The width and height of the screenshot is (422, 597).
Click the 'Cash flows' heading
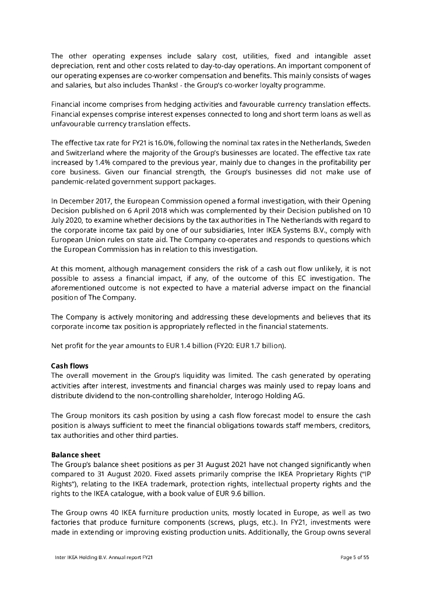click(x=70, y=366)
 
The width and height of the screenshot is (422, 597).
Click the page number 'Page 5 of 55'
click(x=355, y=557)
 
